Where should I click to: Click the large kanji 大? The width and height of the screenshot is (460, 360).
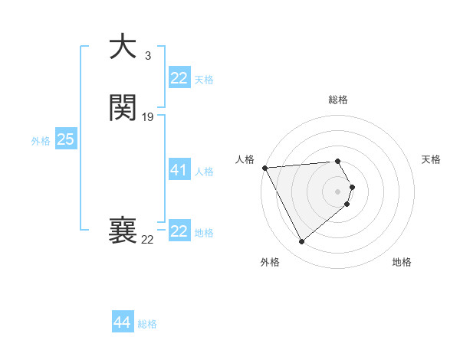pos(123,47)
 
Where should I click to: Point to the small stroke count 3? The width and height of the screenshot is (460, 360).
pos(147,55)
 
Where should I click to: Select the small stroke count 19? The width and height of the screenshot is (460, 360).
pos(148,116)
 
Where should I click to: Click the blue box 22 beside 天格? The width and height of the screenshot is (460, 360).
pos(179,78)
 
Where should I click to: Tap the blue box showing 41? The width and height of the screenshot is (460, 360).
pos(179,170)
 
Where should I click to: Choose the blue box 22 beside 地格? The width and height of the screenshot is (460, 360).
pos(179,231)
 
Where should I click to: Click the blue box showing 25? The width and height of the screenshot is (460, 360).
pos(66,139)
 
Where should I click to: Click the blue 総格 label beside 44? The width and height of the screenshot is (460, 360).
pos(147,324)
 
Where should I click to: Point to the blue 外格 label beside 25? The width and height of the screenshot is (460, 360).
pos(41,141)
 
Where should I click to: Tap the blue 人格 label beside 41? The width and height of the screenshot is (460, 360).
pos(205,172)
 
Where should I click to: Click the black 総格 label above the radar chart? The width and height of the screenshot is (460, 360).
pos(338,100)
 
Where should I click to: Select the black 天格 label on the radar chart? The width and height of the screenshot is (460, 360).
pos(431,159)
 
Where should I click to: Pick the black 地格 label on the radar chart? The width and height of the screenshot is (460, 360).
pos(402,262)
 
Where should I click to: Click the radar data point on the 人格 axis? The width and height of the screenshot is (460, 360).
pos(264,167)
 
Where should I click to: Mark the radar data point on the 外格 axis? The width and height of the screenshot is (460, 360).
pos(302,242)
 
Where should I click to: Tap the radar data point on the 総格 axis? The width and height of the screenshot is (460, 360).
pos(338,161)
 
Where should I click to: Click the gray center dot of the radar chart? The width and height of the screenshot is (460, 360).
pos(338,191)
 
